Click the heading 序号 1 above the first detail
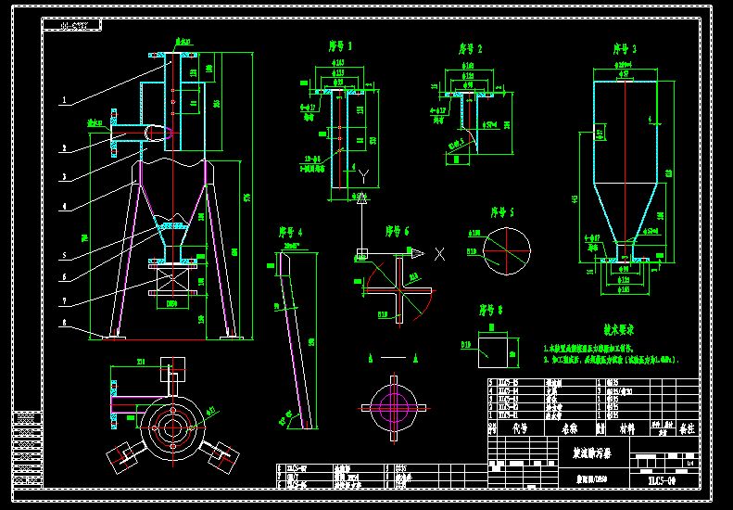tap(340, 45)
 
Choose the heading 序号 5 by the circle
tap(501, 211)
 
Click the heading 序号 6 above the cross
tap(398, 231)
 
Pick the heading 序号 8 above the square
tap(490, 311)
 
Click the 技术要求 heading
tap(619, 329)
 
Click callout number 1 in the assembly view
tap(63, 98)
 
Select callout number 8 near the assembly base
tap(63, 324)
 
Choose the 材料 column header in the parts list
tap(626, 428)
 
